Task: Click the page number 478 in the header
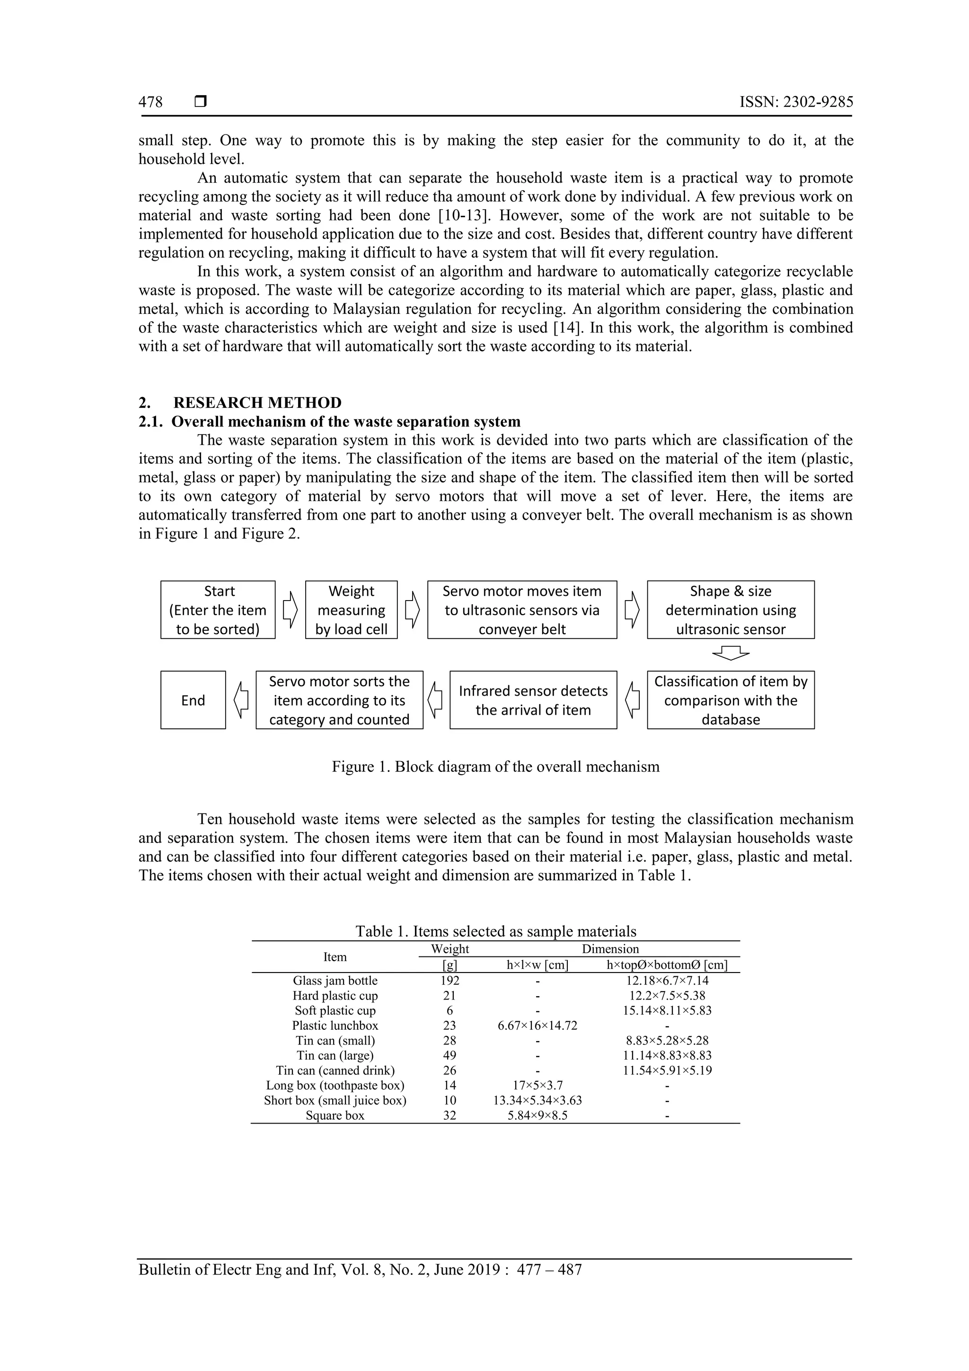click(150, 102)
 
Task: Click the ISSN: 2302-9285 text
click(796, 102)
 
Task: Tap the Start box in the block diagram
click(218, 610)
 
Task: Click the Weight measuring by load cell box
click(351, 610)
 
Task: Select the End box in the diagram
click(193, 700)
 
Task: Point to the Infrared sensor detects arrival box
click(533, 700)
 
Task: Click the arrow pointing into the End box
click(241, 700)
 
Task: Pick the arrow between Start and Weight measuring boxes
click(290, 610)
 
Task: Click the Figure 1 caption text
click(495, 767)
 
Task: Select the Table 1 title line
click(495, 931)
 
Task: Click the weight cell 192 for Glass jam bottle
click(449, 981)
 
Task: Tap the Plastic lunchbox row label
click(335, 1025)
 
